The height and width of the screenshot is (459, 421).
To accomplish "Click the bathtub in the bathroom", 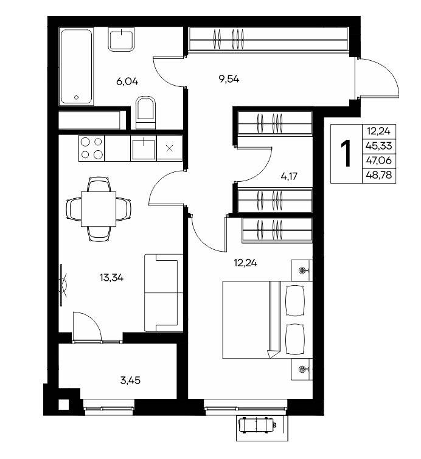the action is click(x=76, y=66).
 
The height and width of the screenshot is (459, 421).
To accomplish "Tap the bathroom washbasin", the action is click(x=121, y=40).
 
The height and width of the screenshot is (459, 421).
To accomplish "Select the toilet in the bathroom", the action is click(x=145, y=112).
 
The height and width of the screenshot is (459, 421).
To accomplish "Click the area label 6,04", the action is click(x=127, y=81).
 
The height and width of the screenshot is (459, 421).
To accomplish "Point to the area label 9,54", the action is click(x=229, y=79).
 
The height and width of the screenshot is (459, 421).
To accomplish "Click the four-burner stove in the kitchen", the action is click(x=91, y=148).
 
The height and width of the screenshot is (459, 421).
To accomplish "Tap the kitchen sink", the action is click(x=144, y=148).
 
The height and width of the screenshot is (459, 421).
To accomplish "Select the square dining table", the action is click(x=99, y=209).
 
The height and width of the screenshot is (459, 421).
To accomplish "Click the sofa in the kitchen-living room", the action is click(x=164, y=293).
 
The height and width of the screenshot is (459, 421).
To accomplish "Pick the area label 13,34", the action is click(x=111, y=277).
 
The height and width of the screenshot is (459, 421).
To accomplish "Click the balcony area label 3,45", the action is click(x=130, y=381).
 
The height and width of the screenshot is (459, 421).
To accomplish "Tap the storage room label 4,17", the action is click(x=289, y=176).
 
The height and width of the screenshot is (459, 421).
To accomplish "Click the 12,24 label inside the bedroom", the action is click(x=246, y=263).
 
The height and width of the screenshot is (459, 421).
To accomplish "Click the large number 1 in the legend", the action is click(x=347, y=154).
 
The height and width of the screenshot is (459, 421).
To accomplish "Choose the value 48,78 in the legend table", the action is click(x=379, y=176).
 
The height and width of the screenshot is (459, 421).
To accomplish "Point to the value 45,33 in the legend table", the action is click(x=379, y=145).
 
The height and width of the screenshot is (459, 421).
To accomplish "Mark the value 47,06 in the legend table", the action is click(x=379, y=160).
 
